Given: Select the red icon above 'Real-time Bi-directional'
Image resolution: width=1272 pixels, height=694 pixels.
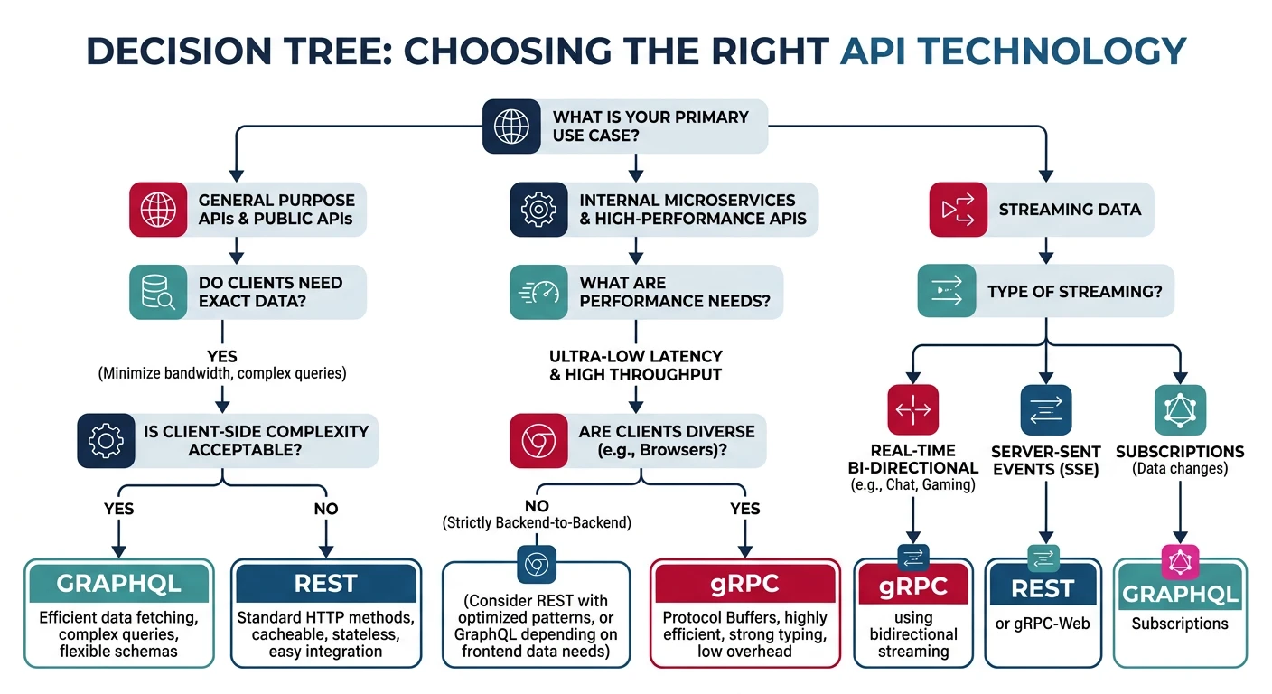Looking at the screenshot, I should click(x=913, y=410).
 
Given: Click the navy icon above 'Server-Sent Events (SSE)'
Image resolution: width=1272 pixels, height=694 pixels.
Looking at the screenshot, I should click(x=1045, y=410).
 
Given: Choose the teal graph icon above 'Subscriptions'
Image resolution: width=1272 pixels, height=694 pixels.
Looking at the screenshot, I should click(x=1180, y=410).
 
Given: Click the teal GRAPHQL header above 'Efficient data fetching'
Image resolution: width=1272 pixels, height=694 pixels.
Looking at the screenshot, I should click(x=119, y=584).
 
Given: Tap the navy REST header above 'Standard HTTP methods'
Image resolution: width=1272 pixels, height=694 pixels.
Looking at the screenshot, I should click(x=325, y=584).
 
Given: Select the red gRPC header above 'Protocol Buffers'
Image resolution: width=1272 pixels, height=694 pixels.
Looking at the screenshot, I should click(x=744, y=584).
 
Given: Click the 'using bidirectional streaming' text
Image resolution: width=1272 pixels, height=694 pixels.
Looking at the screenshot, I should click(x=913, y=634).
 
